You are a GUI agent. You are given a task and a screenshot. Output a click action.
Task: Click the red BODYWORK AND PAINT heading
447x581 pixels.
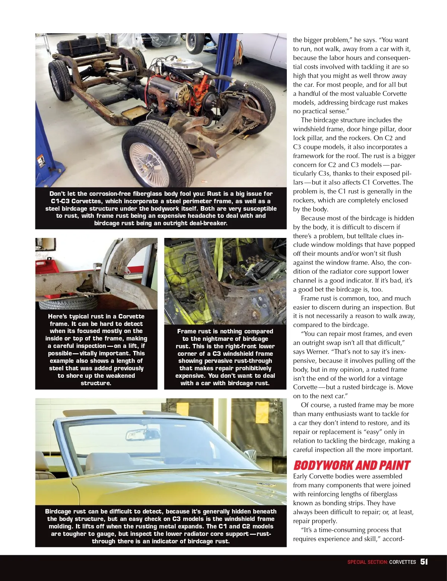[x=351, y=465]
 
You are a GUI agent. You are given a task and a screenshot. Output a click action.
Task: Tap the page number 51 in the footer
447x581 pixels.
[x=424, y=562]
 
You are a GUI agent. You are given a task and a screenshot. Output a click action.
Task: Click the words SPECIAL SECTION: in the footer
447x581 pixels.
[x=367, y=562]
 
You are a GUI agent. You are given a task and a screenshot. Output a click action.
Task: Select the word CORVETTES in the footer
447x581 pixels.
[x=402, y=562]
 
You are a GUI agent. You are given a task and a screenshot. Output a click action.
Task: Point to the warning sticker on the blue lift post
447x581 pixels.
[x=41, y=163]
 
